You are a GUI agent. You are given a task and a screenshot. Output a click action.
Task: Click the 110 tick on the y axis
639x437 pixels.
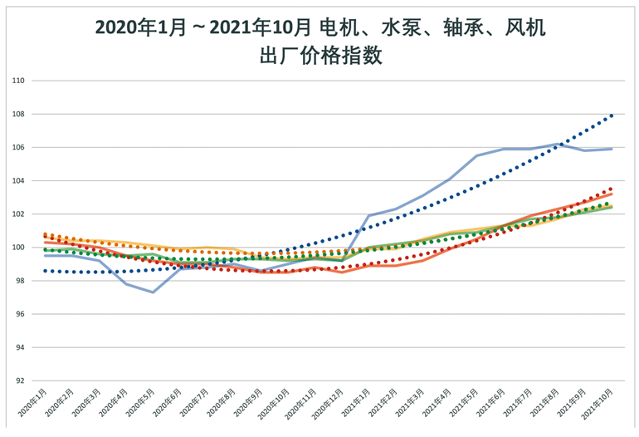pyautogui.click(x=17, y=81)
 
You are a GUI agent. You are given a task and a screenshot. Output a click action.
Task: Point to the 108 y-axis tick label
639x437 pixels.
pyautogui.click(x=17, y=114)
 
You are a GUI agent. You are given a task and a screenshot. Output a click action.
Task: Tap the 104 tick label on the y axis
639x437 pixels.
pyautogui.click(x=17, y=180)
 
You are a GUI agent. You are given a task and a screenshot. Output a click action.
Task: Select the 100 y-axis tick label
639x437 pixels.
pyautogui.click(x=17, y=248)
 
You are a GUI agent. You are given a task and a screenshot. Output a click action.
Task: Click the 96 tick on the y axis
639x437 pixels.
pyautogui.click(x=17, y=314)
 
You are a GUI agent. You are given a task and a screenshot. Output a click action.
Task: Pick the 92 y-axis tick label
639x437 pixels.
pyautogui.click(x=17, y=381)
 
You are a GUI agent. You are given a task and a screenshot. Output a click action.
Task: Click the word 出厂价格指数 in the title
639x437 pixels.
pyautogui.click(x=319, y=56)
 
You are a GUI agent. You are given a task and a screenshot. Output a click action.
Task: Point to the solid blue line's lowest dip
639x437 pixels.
pyautogui.click(x=153, y=292)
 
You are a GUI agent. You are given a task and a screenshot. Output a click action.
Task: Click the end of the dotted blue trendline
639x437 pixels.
pyautogui.click(x=612, y=115)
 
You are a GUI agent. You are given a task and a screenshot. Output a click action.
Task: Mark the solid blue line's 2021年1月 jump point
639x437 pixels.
pyautogui.click(x=368, y=216)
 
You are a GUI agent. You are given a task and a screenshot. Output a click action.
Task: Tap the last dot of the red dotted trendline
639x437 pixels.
pyautogui.click(x=612, y=189)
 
